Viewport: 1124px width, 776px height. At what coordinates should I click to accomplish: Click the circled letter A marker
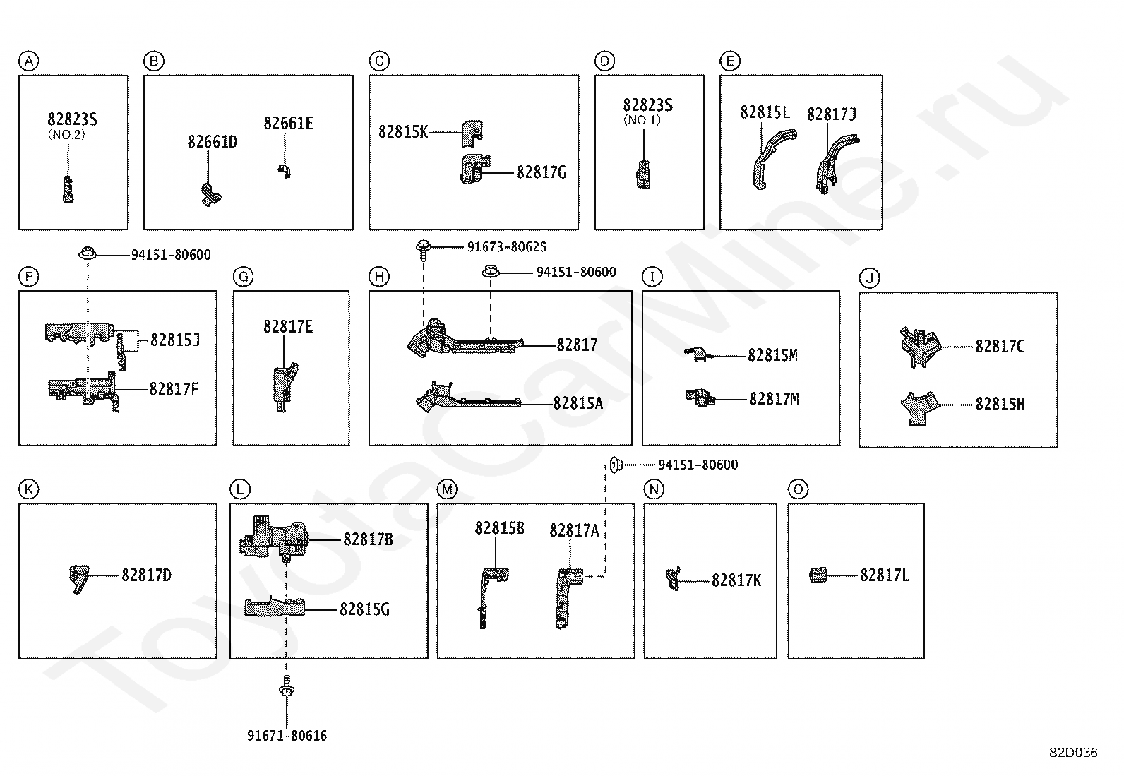tap(29, 61)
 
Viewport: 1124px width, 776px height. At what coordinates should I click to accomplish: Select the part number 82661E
tap(289, 123)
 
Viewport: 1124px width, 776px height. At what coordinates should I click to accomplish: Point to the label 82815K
tap(403, 131)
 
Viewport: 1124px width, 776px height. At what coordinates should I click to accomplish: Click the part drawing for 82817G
tap(474, 169)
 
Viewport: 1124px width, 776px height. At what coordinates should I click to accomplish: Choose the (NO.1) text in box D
tap(642, 120)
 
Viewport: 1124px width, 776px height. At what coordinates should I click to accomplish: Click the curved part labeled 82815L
tap(773, 158)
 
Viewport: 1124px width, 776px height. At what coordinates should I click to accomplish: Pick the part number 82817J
tap(832, 114)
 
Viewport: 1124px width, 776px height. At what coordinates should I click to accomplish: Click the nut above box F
tap(88, 253)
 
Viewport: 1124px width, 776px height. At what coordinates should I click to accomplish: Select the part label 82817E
tap(288, 327)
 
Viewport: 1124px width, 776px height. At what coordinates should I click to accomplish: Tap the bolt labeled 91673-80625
tap(424, 250)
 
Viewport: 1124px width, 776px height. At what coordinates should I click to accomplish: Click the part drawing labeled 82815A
tap(468, 397)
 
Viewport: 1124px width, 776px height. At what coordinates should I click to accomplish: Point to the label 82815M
tap(772, 355)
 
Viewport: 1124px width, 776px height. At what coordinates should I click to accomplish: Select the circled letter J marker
tap(870, 278)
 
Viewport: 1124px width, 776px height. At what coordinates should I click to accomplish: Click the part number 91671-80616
tap(287, 735)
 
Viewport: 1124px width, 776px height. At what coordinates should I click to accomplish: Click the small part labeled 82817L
tap(818, 575)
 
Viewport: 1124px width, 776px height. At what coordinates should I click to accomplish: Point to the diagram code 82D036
tap(1073, 753)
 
